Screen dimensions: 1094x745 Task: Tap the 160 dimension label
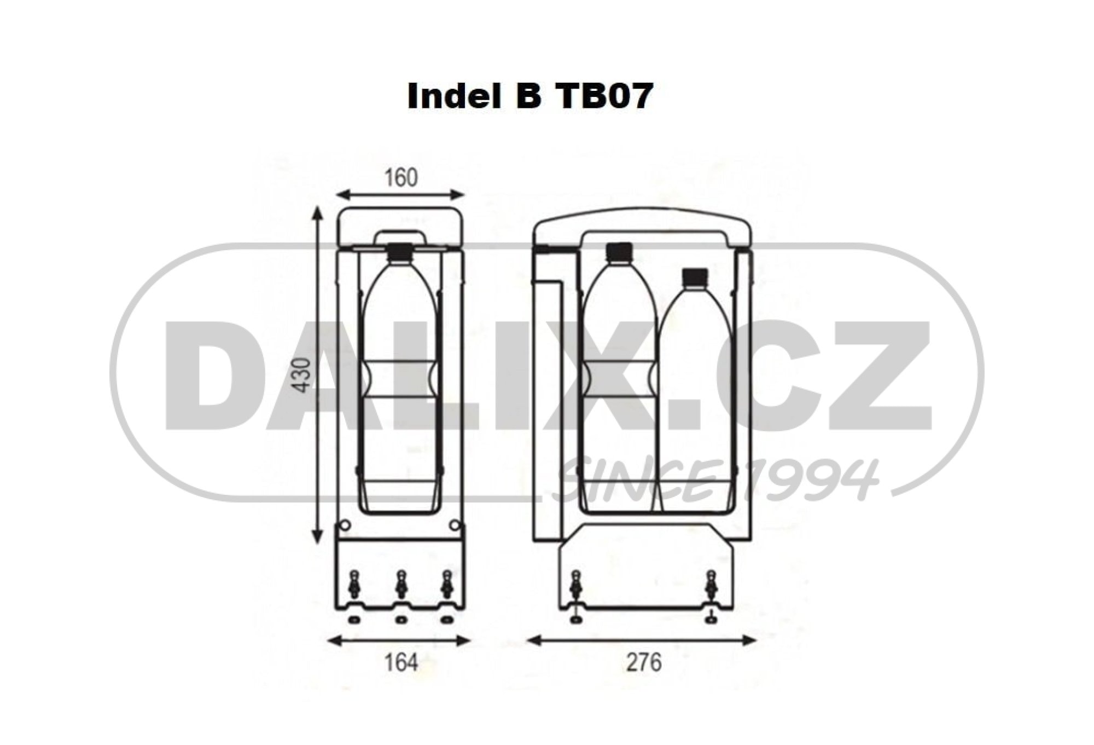[401, 177]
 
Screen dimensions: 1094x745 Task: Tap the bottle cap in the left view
[401, 252]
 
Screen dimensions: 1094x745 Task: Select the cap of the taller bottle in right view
[619, 251]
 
